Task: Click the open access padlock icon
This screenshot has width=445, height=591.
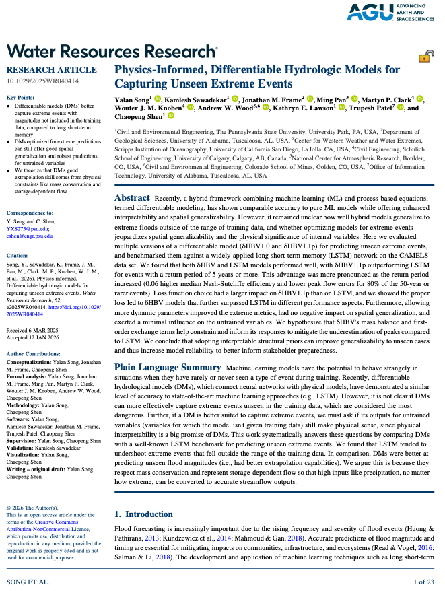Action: point(424,58)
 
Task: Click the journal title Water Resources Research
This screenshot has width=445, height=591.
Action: point(111,51)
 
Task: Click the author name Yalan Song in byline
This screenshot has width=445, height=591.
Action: point(132,99)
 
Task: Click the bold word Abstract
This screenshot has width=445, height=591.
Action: point(132,179)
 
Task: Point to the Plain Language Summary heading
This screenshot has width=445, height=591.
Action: point(168,367)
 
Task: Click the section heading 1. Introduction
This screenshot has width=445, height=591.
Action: point(143,515)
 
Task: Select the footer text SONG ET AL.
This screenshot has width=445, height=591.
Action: point(28,580)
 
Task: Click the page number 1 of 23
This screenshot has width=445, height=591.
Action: point(424,580)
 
